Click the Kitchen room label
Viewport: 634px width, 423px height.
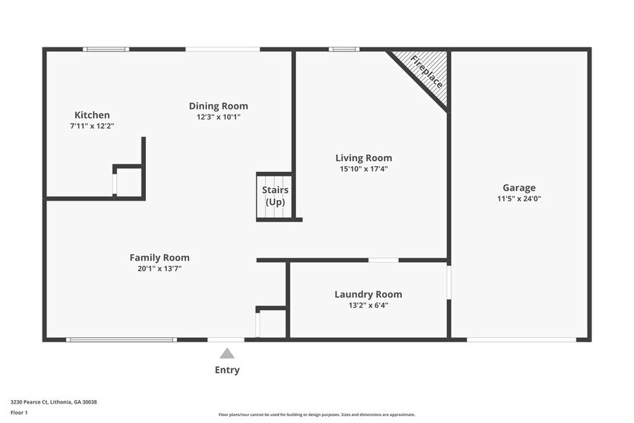[x=92, y=115]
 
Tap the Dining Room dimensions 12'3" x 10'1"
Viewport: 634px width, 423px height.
[x=219, y=117]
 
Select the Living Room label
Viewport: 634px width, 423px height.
[x=364, y=158]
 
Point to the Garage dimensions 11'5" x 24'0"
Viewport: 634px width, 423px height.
[x=518, y=199]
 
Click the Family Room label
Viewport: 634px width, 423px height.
[x=160, y=258]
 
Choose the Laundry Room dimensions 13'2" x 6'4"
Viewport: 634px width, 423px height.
[x=368, y=305]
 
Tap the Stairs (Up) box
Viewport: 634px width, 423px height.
[x=275, y=196]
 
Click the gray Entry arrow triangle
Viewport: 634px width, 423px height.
[x=227, y=353]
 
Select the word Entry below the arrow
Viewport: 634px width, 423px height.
[x=227, y=370]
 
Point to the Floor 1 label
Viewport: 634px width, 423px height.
[x=19, y=413]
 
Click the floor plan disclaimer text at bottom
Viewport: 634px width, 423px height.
[x=317, y=414]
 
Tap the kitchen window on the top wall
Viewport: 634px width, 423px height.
[x=106, y=49]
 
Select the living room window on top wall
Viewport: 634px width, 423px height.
[x=344, y=49]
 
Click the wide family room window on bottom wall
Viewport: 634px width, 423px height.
[x=121, y=340]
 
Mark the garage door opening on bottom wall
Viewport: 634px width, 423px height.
[x=521, y=340]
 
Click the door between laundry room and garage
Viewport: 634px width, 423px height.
[x=449, y=282]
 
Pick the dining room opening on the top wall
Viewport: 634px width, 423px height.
[x=223, y=49]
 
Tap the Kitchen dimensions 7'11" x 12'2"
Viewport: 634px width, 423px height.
[x=92, y=126]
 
